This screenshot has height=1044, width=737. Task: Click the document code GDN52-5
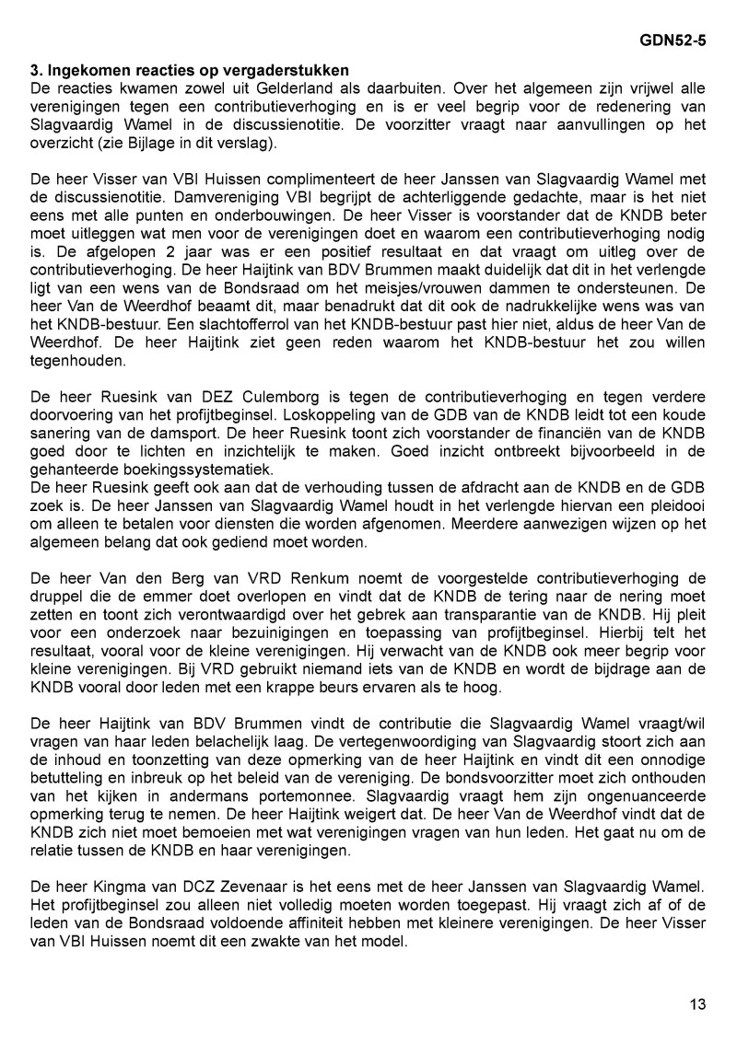(x=673, y=41)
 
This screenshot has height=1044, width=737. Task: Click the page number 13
(x=697, y=1003)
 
